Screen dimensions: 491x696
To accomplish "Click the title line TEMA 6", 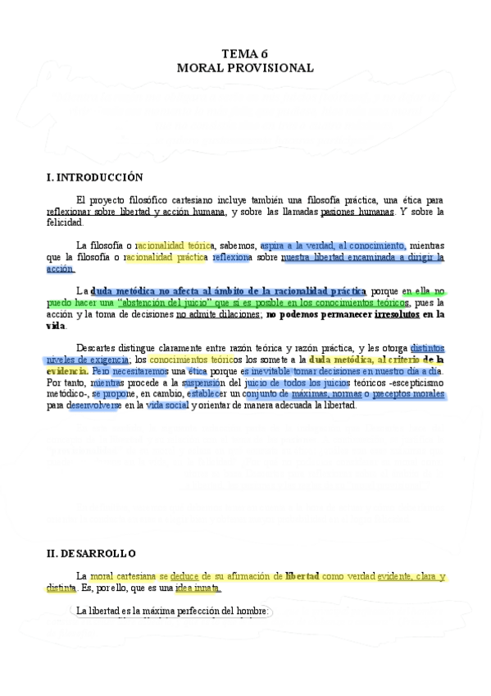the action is pyautogui.click(x=245, y=54).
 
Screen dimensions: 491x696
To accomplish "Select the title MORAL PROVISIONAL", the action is pyautogui.click(x=245, y=68).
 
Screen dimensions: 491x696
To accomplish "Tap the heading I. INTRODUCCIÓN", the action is pyautogui.click(x=94, y=177).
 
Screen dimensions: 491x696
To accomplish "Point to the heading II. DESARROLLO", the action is pyautogui.click(x=91, y=553).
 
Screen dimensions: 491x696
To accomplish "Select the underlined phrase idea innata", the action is pyautogui.click(x=197, y=588).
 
